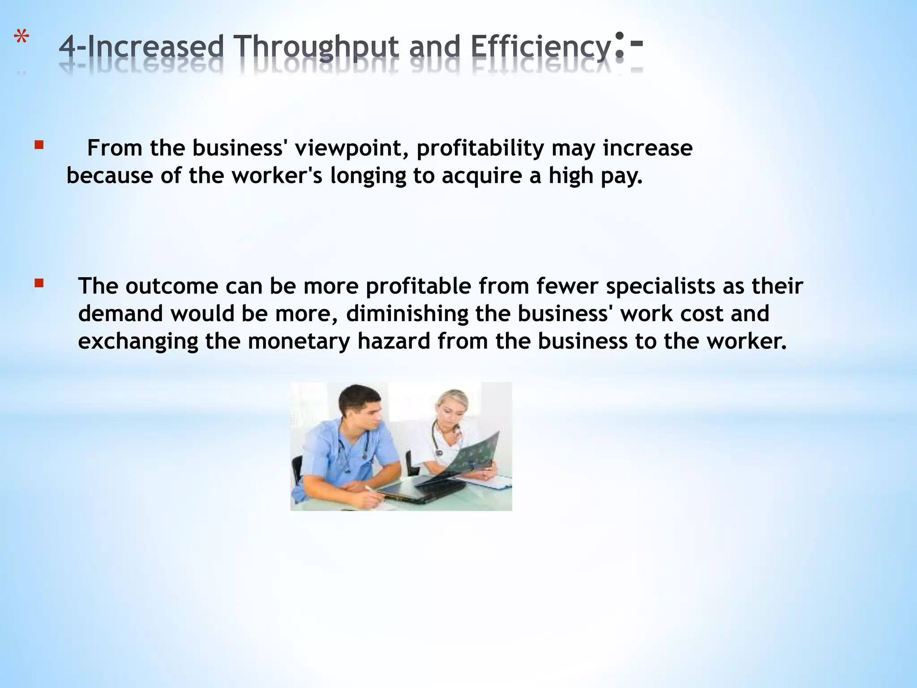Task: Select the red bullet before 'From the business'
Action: tap(39, 145)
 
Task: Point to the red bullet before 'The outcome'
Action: tap(39, 283)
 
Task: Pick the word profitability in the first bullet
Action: tap(480, 148)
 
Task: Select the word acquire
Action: tap(482, 176)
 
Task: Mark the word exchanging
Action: tap(138, 341)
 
